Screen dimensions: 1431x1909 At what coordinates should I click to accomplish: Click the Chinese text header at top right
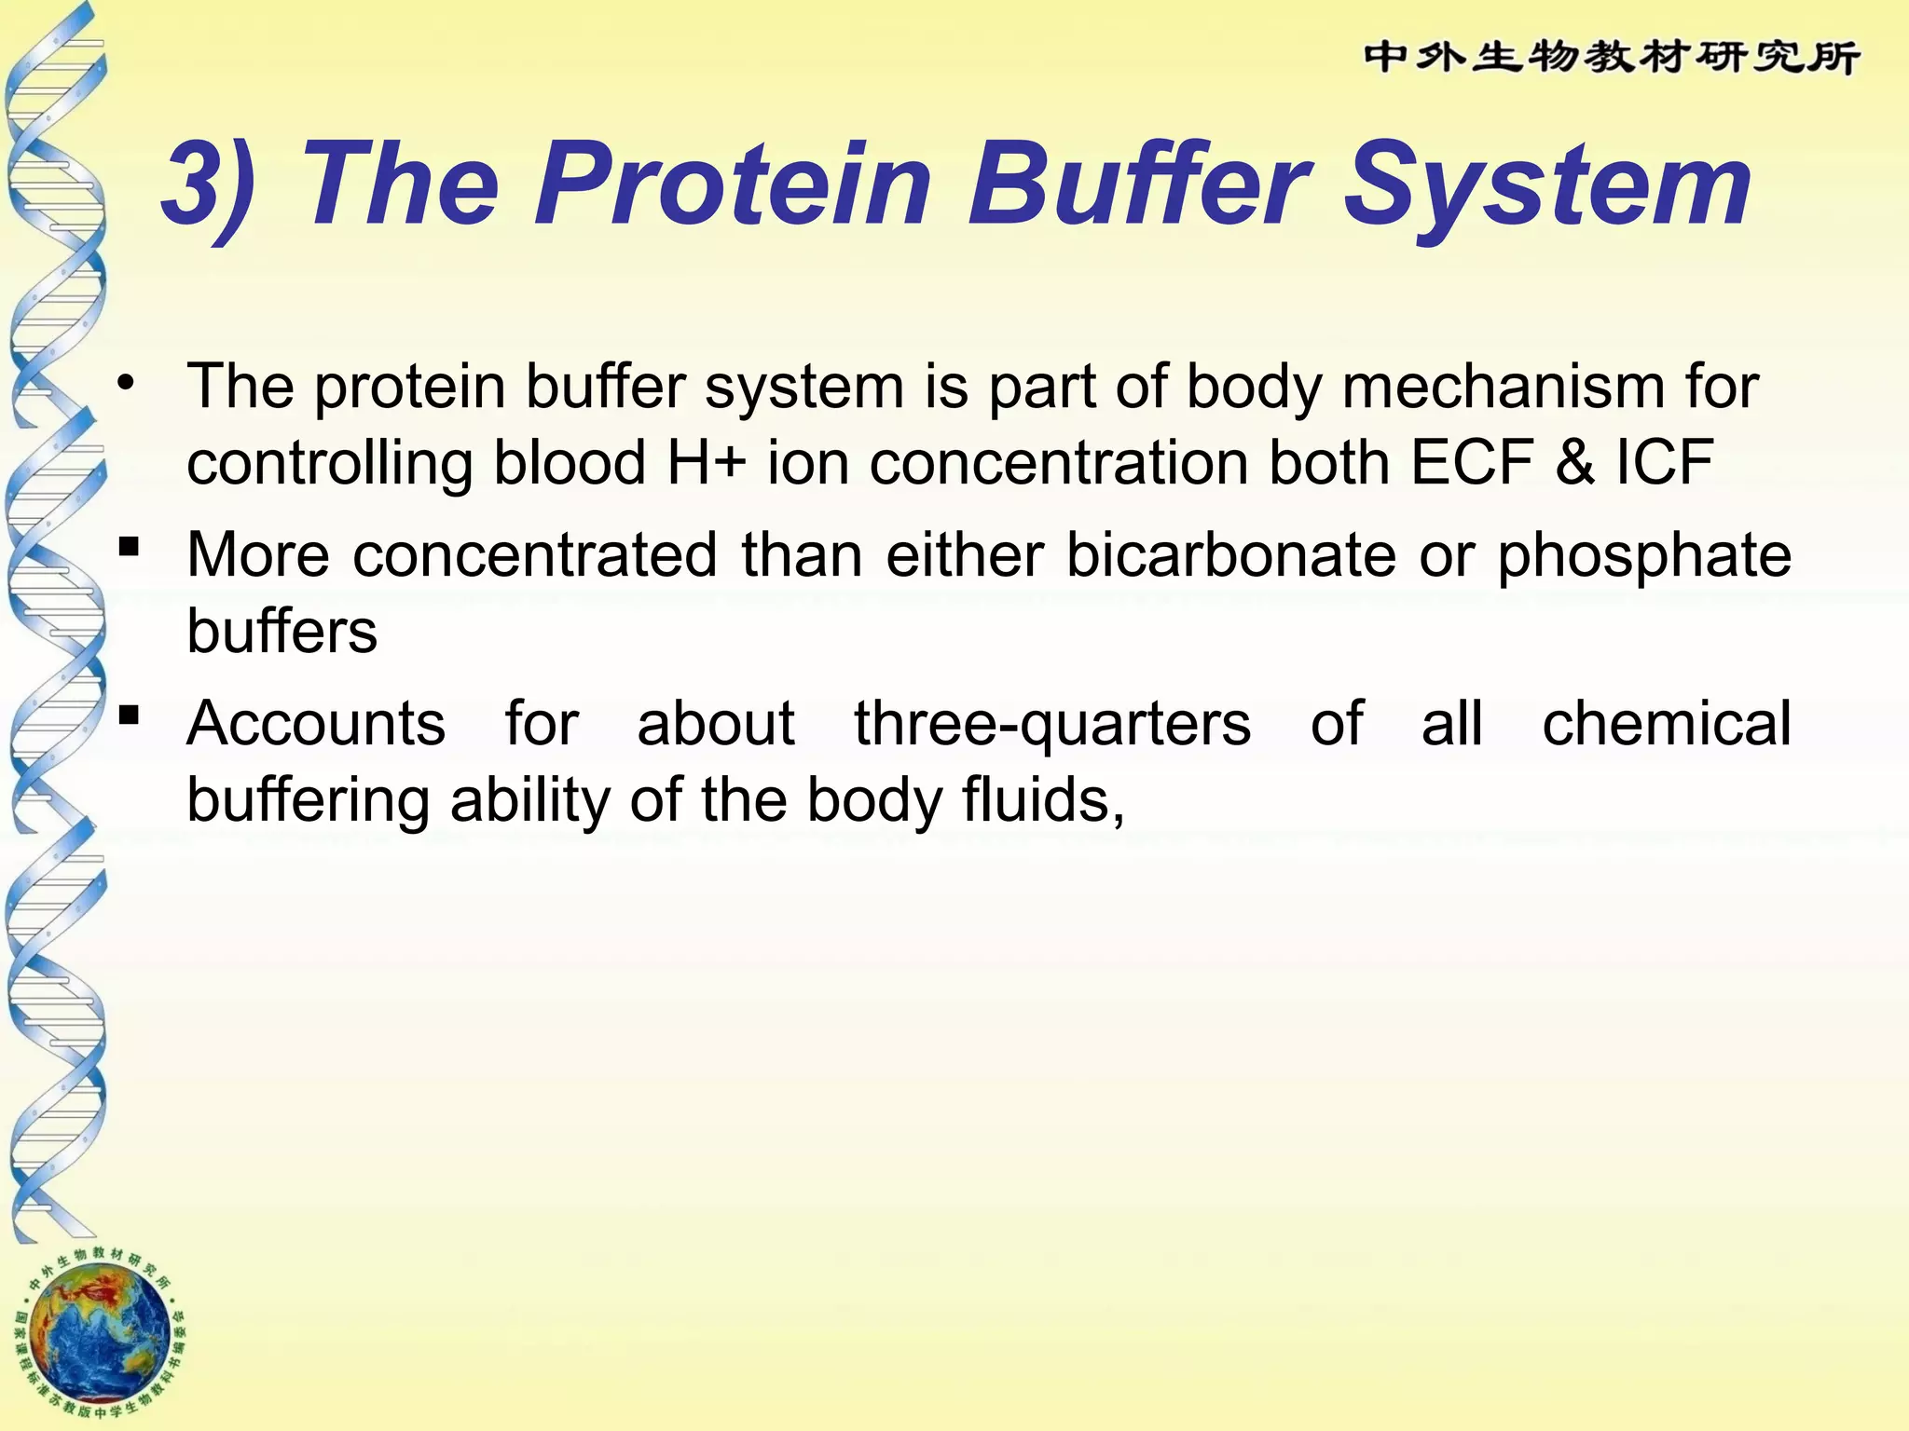1612,59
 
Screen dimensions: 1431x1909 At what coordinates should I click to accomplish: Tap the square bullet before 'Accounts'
130,715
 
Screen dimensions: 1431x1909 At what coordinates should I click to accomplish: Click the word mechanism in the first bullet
1502,387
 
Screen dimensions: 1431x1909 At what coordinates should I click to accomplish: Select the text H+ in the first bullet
707,463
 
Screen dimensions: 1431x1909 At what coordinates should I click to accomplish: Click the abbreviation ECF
1472,463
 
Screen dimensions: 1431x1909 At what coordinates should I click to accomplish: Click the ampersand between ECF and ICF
1574,463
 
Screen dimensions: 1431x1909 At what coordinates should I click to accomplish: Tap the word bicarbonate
1230,556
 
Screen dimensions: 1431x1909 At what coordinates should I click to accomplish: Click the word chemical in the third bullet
1667,724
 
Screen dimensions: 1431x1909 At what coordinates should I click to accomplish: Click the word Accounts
316,724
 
